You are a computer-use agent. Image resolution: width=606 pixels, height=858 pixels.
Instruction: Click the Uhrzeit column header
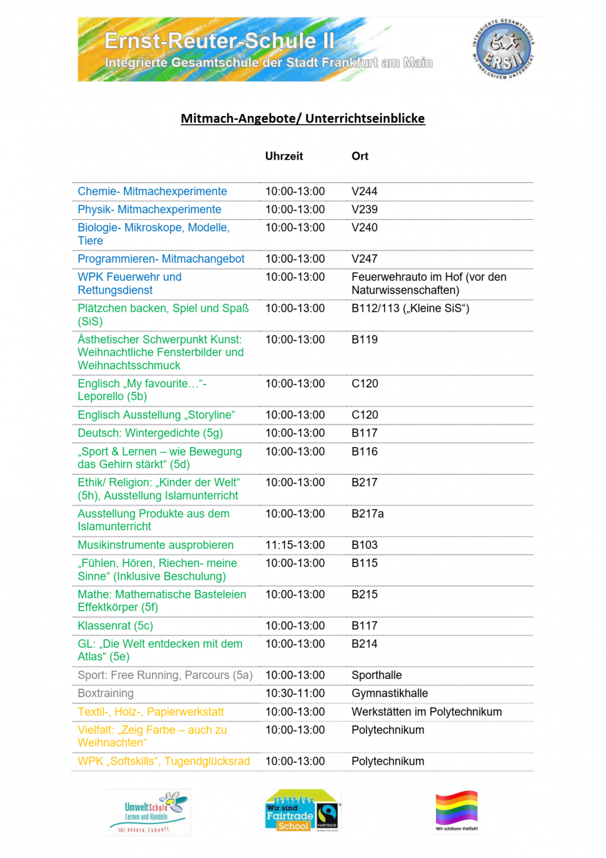pos(284,156)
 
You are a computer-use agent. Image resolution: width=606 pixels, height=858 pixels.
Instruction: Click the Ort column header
pos(360,156)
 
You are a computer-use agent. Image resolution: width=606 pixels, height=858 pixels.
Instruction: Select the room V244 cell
pos(364,192)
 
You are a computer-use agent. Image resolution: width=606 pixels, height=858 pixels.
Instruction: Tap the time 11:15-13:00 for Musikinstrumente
pos(295,545)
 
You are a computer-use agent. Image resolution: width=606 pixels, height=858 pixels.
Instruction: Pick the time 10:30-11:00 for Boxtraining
pos(295,693)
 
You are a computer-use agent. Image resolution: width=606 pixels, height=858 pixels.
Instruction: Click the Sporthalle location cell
pos(376,675)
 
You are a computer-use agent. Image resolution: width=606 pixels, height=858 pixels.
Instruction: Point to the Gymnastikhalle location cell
pos(389,693)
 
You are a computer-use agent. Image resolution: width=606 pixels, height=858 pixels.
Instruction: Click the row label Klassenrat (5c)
pos(115,625)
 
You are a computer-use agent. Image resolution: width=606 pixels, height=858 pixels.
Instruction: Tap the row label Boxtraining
pos(105,693)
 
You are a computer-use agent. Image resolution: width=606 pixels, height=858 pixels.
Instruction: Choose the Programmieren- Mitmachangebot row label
pos(161,259)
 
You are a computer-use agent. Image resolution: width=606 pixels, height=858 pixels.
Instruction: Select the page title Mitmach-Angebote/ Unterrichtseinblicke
pos(303,119)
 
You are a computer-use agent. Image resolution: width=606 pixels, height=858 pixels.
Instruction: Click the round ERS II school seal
pos(502,49)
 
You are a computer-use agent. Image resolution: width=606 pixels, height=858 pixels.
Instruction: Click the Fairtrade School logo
pos(303,810)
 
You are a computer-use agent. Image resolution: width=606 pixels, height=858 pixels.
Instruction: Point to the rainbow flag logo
pos(457,810)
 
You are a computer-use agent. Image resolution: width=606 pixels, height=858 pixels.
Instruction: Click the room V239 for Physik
pos(364,210)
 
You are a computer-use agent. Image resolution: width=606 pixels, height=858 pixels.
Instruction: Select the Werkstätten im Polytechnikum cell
pos(426,711)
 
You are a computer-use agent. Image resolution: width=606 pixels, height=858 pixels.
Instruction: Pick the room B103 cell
pos(364,545)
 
